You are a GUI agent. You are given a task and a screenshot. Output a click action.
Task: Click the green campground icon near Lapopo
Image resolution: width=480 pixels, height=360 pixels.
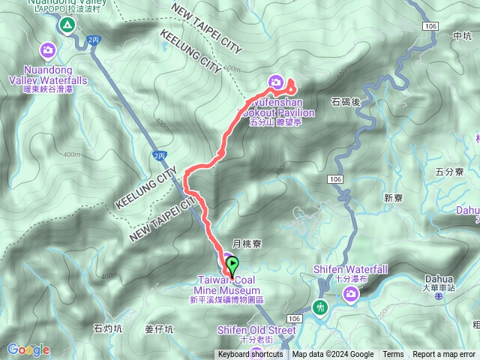point(67,25)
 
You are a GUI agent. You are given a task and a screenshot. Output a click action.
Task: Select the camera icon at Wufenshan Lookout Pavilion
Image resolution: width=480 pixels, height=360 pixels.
point(275,82)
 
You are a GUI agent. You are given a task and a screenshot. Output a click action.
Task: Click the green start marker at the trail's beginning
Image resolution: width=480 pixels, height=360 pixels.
point(232,264)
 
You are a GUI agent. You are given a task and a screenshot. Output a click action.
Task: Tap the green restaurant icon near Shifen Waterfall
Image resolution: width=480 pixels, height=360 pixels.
point(321,307)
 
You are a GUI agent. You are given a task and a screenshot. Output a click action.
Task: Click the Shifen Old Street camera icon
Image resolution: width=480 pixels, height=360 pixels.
point(256,352)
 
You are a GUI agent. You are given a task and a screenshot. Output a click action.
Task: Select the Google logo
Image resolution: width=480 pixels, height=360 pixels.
point(28,349)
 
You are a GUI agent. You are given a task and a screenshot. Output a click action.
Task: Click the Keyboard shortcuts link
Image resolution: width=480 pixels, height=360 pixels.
point(250,355)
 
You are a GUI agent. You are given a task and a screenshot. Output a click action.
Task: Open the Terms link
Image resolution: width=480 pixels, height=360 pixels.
point(393,355)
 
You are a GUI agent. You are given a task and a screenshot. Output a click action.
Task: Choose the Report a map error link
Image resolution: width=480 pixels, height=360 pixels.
point(444,355)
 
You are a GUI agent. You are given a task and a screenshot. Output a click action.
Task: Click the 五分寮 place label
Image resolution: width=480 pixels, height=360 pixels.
point(450,172)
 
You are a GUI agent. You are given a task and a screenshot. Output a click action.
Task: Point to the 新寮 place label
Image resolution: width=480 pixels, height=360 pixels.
point(394,198)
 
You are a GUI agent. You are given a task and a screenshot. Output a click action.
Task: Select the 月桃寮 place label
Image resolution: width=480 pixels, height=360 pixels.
point(246,244)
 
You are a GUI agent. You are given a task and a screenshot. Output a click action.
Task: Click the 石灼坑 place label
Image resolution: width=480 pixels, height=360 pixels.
point(108,328)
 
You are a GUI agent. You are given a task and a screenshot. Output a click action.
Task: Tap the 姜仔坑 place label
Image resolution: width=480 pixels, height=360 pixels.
point(159,328)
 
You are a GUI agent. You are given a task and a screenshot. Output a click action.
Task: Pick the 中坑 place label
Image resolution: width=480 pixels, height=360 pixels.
point(463,35)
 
